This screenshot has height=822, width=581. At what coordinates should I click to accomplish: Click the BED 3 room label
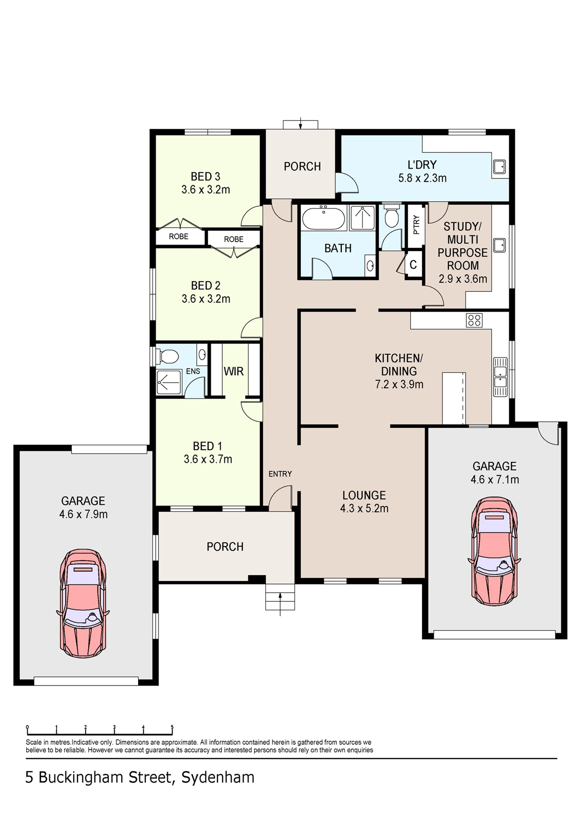[x=205, y=177]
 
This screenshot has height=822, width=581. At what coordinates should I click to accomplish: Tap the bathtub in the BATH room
[x=324, y=217]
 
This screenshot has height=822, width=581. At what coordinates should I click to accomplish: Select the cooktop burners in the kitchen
[x=474, y=320]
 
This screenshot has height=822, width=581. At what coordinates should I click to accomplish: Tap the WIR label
[x=234, y=371]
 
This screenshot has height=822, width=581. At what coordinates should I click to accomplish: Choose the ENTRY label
[x=280, y=474]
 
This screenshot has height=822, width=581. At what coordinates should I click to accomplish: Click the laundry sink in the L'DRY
[x=499, y=167]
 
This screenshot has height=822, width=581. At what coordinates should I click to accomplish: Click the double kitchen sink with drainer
[x=501, y=377]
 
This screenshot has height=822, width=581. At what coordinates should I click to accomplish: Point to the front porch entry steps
[x=280, y=597]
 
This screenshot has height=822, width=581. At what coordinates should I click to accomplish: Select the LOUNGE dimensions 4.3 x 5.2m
[x=364, y=508]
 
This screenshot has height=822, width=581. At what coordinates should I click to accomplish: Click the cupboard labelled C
[x=413, y=265]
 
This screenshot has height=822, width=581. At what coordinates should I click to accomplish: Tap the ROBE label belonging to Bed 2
[x=234, y=239]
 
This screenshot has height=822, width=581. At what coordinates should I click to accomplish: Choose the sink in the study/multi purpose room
[x=499, y=246]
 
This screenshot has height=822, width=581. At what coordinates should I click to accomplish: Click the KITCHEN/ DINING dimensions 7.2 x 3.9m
[x=399, y=385]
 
